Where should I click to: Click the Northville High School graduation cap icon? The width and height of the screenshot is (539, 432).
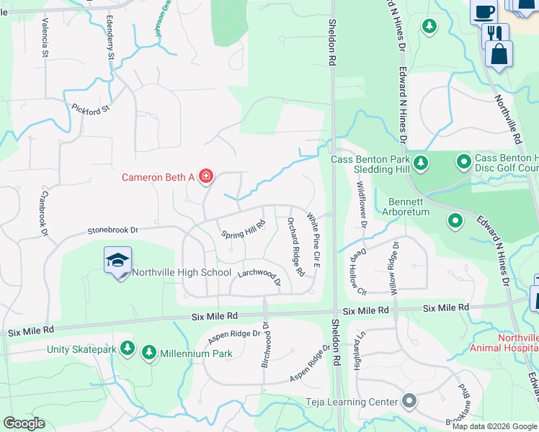[x=118, y=261]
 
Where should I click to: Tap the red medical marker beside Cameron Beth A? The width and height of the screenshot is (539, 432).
[x=206, y=176]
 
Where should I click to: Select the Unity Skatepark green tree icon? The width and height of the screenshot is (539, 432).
[x=128, y=349]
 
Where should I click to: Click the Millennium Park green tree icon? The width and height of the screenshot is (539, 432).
[x=149, y=353]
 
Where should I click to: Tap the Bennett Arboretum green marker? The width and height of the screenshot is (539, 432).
[x=455, y=220]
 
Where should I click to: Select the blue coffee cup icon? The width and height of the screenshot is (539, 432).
[x=484, y=11]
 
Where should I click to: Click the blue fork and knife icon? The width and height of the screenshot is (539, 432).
[x=495, y=34]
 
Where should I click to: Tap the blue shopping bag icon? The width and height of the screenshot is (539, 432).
[x=499, y=55]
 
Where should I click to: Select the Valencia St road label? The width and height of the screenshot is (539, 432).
[x=45, y=38]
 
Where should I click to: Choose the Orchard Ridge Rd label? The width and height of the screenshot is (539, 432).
[x=296, y=247]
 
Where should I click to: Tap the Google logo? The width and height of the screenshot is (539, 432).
[x=24, y=423]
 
